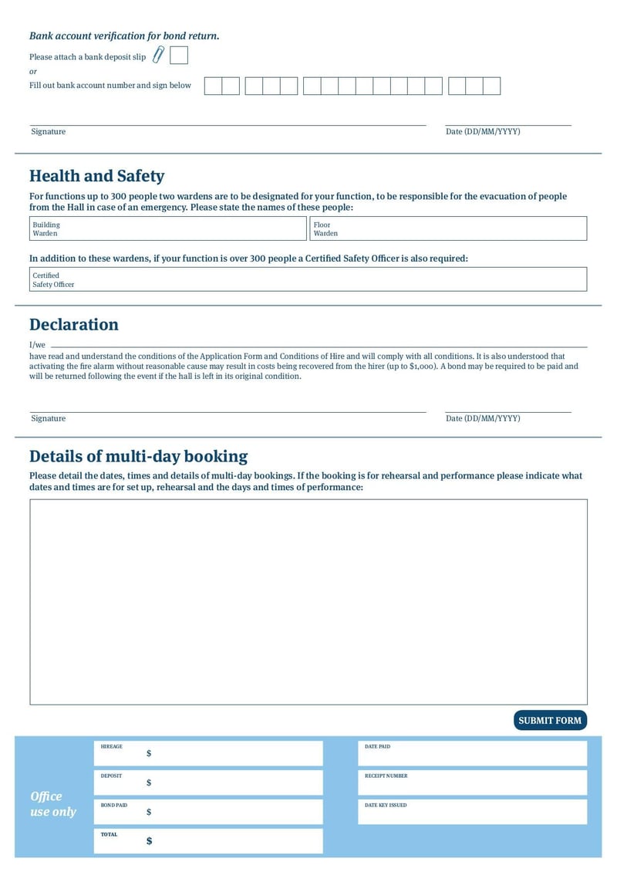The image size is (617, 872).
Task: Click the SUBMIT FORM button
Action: (550, 721)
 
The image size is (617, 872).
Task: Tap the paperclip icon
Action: (158, 55)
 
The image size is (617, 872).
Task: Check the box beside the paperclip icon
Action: (178, 56)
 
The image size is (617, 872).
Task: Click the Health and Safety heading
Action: (96, 176)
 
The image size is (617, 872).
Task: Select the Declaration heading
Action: (74, 324)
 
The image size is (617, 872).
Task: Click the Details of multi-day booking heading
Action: (138, 456)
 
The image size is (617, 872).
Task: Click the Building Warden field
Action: (167, 228)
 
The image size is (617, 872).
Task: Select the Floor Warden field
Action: (448, 228)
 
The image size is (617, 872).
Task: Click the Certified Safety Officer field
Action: (308, 279)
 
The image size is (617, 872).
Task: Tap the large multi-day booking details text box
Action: (308, 602)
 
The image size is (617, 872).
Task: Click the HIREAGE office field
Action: (208, 753)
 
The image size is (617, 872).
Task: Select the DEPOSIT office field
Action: (208, 782)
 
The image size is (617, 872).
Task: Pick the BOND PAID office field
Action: (208, 812)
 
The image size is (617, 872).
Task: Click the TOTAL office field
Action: (208, 841)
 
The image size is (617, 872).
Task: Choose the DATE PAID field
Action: (472, 753)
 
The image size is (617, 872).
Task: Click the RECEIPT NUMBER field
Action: (472, 782)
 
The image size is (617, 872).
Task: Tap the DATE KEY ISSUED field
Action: (472, 812)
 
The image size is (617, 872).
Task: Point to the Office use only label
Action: (53, 804)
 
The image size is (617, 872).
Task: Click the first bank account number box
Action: (213, 86)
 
